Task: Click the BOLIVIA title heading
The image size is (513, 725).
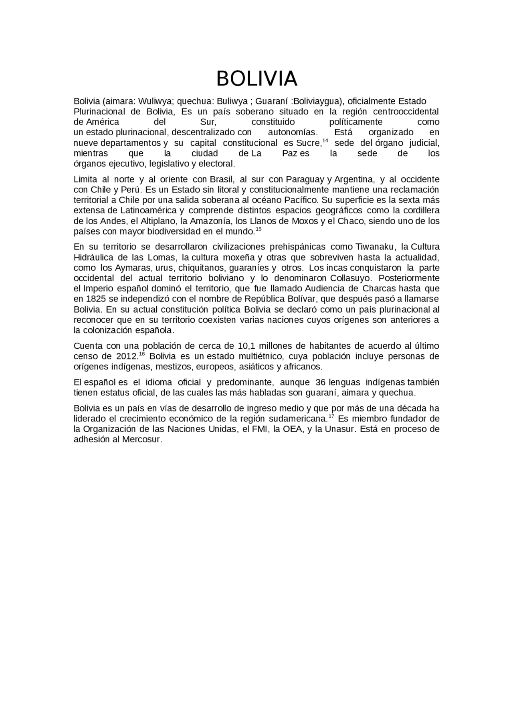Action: click(256, 78)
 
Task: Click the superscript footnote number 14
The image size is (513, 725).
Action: click(325, 141)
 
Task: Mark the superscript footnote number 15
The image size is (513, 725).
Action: click(259, 229)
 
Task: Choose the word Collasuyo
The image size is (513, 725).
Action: click(351, 278)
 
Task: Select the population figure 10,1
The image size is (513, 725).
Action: click(246, 345)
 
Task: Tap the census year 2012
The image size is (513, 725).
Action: click(127, 356)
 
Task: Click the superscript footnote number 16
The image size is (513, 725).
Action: click(141, 354)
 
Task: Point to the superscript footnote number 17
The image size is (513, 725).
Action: click(331, 416)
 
